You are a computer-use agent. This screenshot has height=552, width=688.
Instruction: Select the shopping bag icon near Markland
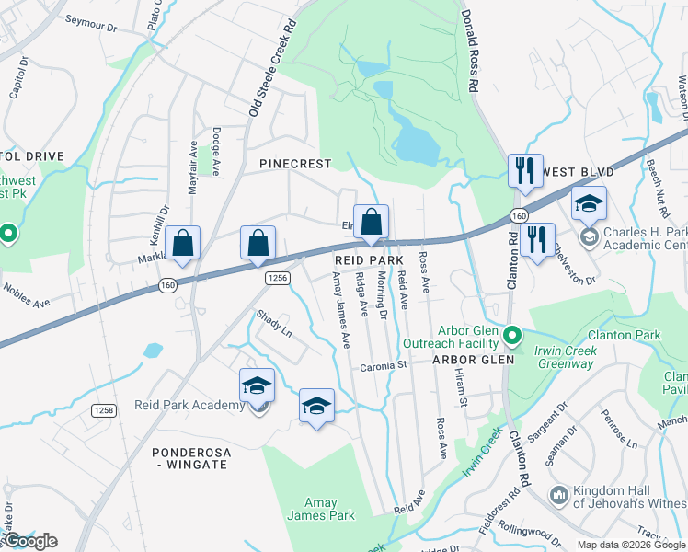coord(183,244)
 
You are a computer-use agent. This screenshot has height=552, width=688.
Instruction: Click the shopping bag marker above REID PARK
coord(371,222)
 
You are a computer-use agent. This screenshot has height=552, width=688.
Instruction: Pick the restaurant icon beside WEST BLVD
coord(525,170)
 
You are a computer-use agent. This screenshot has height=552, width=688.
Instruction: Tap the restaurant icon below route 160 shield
coord(537,239)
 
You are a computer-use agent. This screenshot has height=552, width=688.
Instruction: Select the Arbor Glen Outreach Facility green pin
coord(514,334)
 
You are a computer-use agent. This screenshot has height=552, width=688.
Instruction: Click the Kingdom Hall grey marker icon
coord(558,496)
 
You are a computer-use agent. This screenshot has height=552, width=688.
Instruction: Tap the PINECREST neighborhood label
coord(294,163)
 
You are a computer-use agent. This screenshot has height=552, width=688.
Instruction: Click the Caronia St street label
coord(384,364)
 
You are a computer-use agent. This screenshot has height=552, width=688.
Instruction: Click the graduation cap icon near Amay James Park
coord(316,406)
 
